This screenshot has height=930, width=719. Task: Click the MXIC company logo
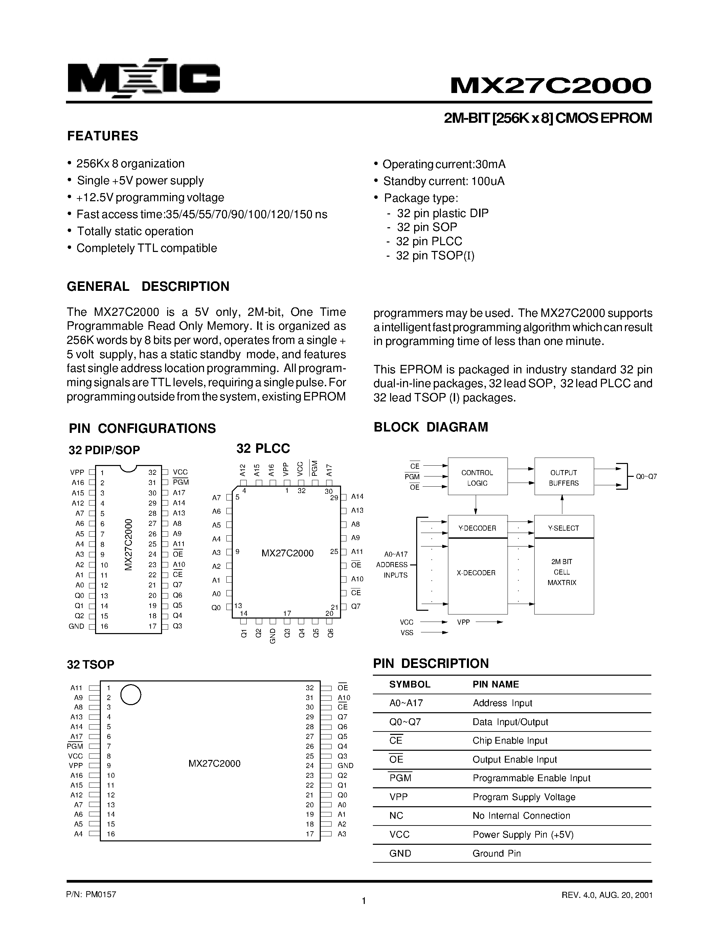pos(143,78)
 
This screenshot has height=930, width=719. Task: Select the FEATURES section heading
pos(103,136)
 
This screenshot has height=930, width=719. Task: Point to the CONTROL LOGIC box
pos(477,478)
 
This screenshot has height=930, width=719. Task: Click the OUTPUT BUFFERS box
pos(564,478)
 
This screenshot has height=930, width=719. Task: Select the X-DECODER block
pos(476,573)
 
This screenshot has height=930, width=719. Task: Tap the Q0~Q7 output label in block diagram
pos(646,476)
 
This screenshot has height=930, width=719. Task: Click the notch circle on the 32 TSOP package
pos(130,695)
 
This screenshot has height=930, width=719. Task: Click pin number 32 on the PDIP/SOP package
pos(152,472)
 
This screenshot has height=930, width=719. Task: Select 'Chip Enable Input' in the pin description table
pos(510,741)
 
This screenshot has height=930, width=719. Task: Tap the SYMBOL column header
pos(410,684)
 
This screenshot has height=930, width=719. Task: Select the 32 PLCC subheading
pos(263,448)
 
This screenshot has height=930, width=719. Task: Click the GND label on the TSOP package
pos(345,766)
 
